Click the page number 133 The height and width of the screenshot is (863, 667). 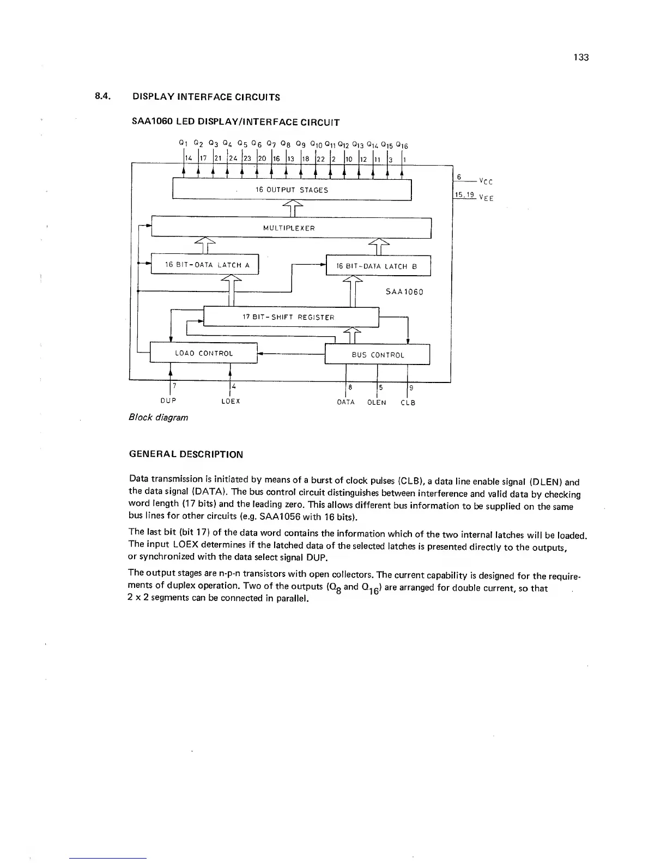point(581,58)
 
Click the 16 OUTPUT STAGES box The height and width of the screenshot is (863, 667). point(292,190)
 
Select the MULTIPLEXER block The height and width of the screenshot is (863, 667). point(291,228)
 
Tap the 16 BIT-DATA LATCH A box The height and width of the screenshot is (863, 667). point(204,265)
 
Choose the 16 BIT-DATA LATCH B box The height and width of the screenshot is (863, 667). point(378,266)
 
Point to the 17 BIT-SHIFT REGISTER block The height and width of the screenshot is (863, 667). point(290,317)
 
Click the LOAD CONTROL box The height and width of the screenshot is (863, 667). point(203,353)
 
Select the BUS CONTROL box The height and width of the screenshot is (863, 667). point(378,355)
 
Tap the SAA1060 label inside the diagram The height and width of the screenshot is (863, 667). point(404,291)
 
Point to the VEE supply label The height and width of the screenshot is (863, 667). point(486,198)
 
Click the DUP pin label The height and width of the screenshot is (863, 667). point(168,401)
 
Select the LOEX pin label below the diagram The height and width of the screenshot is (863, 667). point(231,401)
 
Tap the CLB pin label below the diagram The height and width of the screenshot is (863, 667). point(408,403)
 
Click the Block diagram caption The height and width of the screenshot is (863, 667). point(158,417)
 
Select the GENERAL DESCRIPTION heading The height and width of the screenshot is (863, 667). point(186,454)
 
